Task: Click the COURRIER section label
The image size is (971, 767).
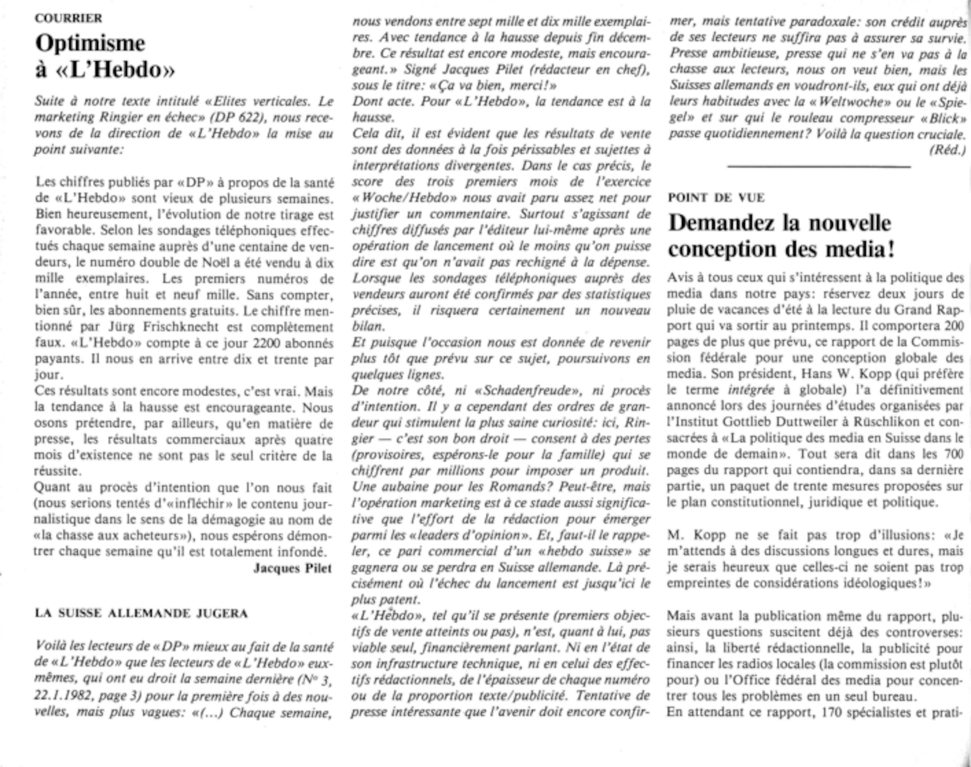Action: tap(68, 18)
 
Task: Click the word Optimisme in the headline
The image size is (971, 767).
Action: tap(90, 44)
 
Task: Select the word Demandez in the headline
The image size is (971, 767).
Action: tap(720, 223)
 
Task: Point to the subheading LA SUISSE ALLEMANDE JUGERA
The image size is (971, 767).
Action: tap(141, 614)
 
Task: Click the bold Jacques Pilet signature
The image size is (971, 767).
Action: tap(293, 568)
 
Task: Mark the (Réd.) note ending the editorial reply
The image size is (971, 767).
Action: tap(947, 150)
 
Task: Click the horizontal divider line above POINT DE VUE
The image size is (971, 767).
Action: tap(819, 167)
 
